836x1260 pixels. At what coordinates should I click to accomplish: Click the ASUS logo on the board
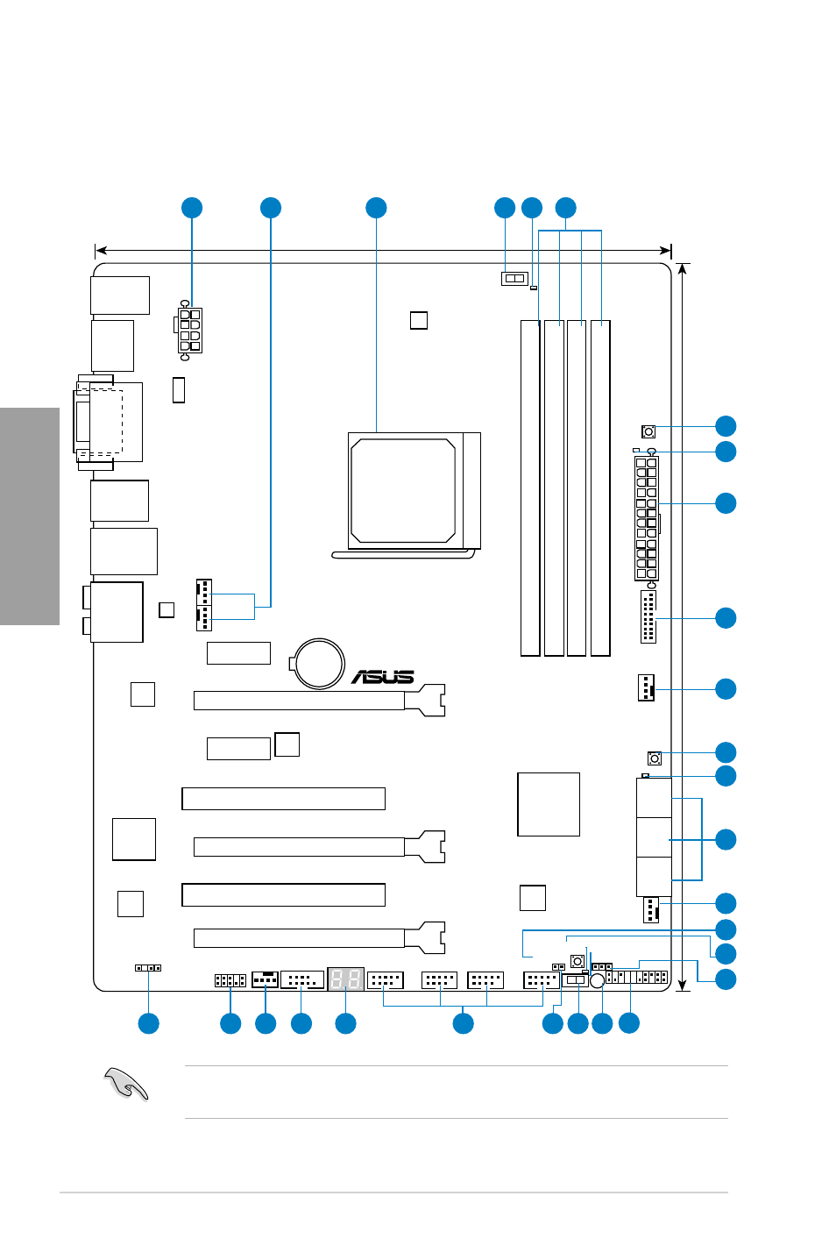[383, 677]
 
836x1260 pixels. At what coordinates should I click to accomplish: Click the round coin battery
[319, 664]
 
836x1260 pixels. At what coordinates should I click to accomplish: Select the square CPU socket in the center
[414, 490]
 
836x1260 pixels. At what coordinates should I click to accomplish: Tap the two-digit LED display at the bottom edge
[346, 979]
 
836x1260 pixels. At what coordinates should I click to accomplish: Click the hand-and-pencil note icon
[126, 1083]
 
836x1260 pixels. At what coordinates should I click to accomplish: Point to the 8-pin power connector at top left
[189, 331]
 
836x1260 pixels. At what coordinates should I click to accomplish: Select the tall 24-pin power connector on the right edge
[647, 518]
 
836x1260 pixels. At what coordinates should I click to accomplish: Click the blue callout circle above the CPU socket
[376, 208]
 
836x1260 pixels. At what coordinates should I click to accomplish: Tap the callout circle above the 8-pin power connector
[192, 208]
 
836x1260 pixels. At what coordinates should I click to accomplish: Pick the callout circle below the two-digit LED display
[346, 1023]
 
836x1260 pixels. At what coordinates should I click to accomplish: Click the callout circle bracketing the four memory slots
[565, 208]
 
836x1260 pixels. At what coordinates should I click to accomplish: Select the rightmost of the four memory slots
[600, 488]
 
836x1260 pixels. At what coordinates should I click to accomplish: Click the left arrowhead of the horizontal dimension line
[101, 250]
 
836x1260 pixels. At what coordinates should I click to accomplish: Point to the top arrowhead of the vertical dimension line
[682, 268]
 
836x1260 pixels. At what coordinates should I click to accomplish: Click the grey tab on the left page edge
[30, 516]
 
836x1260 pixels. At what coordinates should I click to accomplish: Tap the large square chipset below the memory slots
[549, 804]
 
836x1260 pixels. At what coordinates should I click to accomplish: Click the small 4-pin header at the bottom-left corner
[148, 968]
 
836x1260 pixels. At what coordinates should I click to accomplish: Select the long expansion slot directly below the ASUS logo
[319, 701]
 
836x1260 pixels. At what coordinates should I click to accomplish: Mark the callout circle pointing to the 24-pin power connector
[726, 503]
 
